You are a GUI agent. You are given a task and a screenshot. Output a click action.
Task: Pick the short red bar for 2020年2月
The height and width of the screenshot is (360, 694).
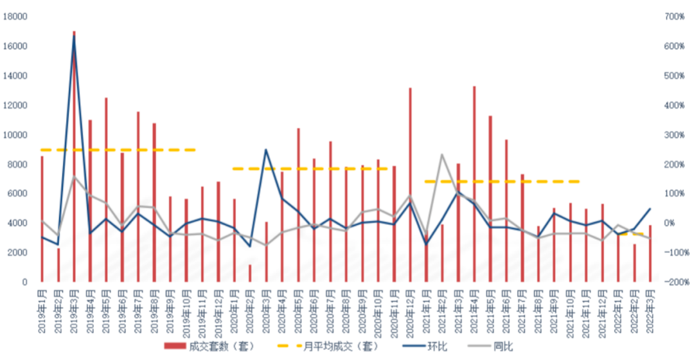point(250,273)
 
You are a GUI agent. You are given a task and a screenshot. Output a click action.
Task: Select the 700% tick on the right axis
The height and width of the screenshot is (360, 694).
point(675,17)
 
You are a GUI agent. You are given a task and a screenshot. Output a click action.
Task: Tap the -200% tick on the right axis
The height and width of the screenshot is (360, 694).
point(675,282)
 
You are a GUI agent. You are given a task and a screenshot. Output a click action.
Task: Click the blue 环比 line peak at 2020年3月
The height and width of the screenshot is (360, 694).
point(266,150)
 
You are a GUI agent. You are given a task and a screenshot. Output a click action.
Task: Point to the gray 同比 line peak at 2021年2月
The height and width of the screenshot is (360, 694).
point(442,154)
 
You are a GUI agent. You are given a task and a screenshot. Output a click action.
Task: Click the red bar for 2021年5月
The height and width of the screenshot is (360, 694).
point(490,199)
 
